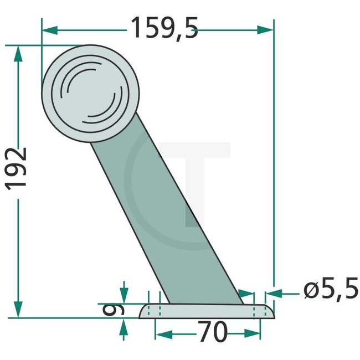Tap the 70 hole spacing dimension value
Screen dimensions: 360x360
coord(213,333)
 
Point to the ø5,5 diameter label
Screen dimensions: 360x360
coord(328,290)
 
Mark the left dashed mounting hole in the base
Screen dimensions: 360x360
coord(154,311)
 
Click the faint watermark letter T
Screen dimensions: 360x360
coord(194,177)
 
